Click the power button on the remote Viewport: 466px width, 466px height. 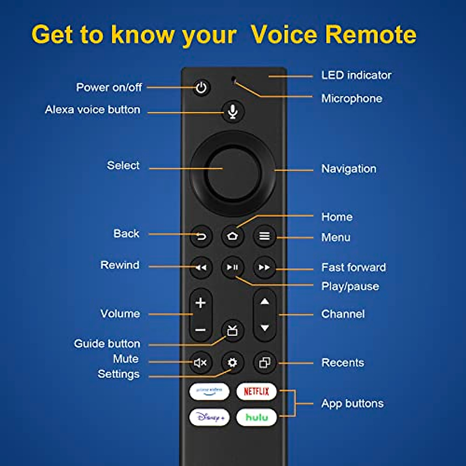click(201, 88)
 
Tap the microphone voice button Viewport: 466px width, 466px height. click(233, 112)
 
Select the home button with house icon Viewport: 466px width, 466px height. click(233, 236)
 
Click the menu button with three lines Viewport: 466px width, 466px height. click(264, 236)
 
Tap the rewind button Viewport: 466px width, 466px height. click(201, 268)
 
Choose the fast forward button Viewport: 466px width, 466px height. click(264, 268)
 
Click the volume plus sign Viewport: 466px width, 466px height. click(200, 303)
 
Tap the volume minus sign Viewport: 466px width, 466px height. click(200, 330)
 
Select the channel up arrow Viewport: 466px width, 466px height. click(265, 301)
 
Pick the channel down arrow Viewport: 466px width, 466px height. click(265, 328)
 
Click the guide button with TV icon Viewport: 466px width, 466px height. click(233, 331)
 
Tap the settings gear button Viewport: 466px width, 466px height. click(233, 362)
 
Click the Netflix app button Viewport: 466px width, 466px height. click(256, 391)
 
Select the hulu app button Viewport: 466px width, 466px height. click(256, 417)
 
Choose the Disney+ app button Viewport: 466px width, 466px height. click(210, 417)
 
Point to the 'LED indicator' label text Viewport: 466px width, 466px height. click(356, 75)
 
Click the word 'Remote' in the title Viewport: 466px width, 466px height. click(371, 35)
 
